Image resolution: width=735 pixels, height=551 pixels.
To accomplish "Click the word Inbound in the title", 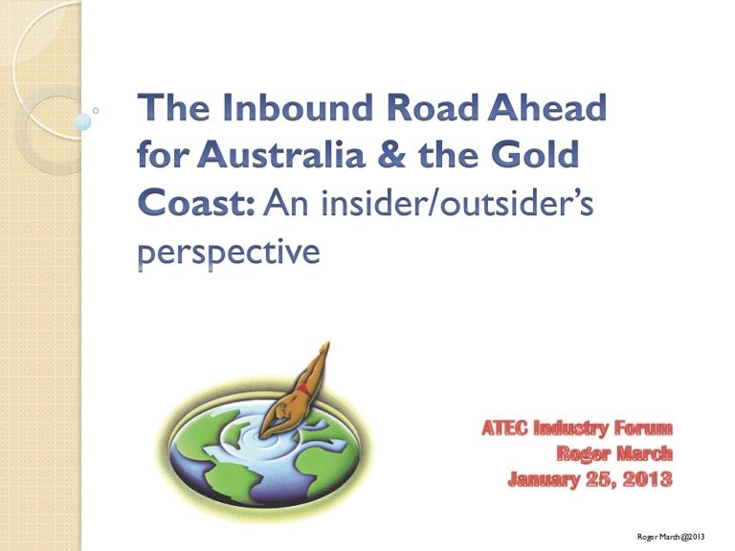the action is coord(298,107).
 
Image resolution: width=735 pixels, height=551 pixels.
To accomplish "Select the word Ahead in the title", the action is coord(547,107).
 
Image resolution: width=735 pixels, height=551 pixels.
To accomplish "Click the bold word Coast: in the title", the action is coord(196,203).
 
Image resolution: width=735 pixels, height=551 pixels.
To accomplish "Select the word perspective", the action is coord(230,253).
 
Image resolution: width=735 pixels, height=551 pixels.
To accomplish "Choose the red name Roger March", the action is coord(614,453).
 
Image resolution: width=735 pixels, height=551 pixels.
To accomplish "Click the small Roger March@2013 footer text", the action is coord(671,537).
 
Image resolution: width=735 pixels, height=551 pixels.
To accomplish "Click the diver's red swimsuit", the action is coord(302,389).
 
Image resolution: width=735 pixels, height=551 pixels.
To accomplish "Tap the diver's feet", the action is coord(324,349).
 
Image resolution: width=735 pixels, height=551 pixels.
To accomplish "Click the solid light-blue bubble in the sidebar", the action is coord(82,121).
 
